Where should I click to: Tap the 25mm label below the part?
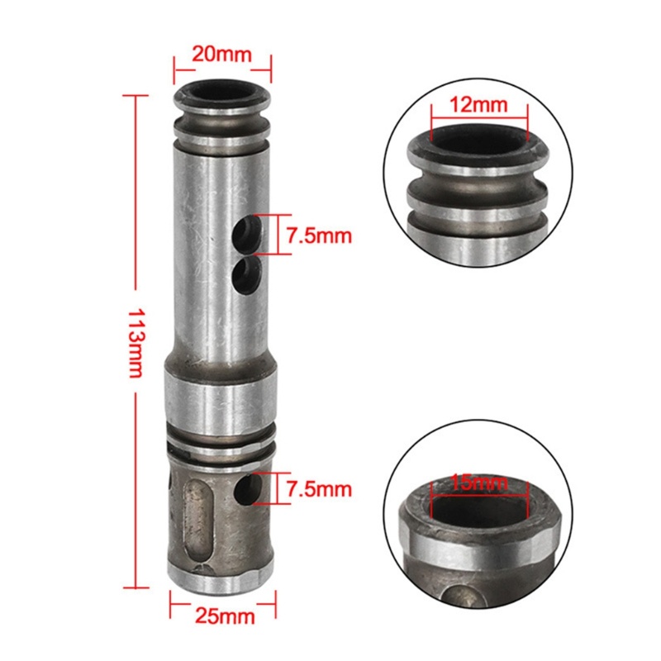(222, 616)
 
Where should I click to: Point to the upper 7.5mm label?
(319, 235)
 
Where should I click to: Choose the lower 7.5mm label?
(319, 489)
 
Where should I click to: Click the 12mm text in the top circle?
(479, 105)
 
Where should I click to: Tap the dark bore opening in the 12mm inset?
(478, 149)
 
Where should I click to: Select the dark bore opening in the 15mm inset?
(479, 512)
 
